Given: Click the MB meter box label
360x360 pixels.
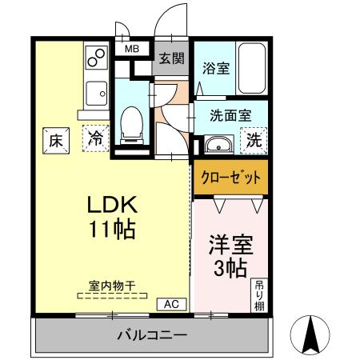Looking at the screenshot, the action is [132, 49].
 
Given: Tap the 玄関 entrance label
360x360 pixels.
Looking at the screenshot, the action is [171, 58].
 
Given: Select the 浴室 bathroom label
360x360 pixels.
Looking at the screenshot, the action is [216, 68].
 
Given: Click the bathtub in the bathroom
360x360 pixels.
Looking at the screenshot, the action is [252, 68].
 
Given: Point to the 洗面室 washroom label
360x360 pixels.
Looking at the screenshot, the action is [230, 115].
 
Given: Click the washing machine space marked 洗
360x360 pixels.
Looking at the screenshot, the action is [254, 141].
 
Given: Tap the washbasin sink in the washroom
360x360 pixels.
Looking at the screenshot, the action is [218, 145].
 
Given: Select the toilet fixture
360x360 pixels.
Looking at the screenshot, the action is [132, 126].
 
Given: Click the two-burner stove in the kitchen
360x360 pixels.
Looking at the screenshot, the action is [96, 58].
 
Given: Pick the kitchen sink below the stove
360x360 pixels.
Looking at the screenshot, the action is [96, 94].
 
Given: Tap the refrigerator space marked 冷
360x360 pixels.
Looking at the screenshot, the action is [96, 138].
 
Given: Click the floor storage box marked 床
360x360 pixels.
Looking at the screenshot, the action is [56, 141].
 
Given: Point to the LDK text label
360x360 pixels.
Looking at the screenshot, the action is [112, 205].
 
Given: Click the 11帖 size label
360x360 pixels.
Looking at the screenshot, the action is [112, 230].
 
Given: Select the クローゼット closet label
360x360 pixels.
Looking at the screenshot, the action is [230, 178].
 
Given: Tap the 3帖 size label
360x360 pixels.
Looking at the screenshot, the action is [230, 269].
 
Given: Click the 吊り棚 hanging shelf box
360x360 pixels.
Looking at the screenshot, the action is [259, 295].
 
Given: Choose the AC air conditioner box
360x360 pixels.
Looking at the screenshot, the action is [171, 304].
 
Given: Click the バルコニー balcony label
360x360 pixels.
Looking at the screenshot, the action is [152, 335].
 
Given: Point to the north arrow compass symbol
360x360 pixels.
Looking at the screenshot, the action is [310, 335].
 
